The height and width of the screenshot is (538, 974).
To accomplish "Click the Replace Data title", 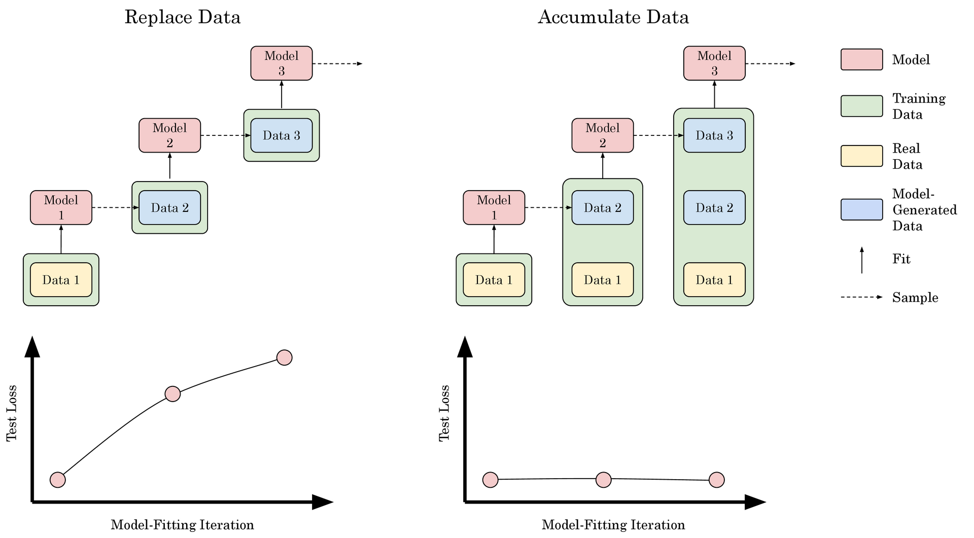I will click(182, 17).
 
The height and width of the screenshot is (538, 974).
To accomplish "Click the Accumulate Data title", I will click(613, 17).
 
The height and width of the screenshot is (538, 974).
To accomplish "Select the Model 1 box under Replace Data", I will click(61, 207).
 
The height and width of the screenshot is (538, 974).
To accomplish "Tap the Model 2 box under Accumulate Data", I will click(602, 135).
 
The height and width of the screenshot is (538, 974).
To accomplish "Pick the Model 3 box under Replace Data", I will click(281, 63).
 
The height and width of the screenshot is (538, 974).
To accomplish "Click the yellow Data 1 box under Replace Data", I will click(61, 280).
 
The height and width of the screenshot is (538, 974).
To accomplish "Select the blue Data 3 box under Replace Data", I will click(281, 135).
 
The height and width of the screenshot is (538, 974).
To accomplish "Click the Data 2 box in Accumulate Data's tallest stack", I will click(714, 207).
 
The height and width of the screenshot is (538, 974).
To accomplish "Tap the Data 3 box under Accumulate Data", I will click(714, 135).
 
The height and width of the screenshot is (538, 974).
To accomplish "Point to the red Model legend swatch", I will click(861, 59).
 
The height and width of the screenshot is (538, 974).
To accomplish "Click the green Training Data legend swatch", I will click(861, 106).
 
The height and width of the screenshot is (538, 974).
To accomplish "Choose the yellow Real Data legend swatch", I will click(861, 156).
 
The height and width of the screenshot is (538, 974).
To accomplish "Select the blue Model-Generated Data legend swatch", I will click(861, 209).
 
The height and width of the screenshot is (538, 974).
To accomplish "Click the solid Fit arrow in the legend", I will click(861, 260).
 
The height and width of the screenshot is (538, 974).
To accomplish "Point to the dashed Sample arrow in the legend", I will click(861, 297).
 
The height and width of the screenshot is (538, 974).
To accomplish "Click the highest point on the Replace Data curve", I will click(285, 357).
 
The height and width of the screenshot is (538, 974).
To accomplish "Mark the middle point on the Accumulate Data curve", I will click(603, 479).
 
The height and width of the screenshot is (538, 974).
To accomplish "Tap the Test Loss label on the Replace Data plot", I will click(11, 413).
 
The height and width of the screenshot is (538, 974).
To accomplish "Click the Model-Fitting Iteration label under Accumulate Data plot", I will click(613, 525).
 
